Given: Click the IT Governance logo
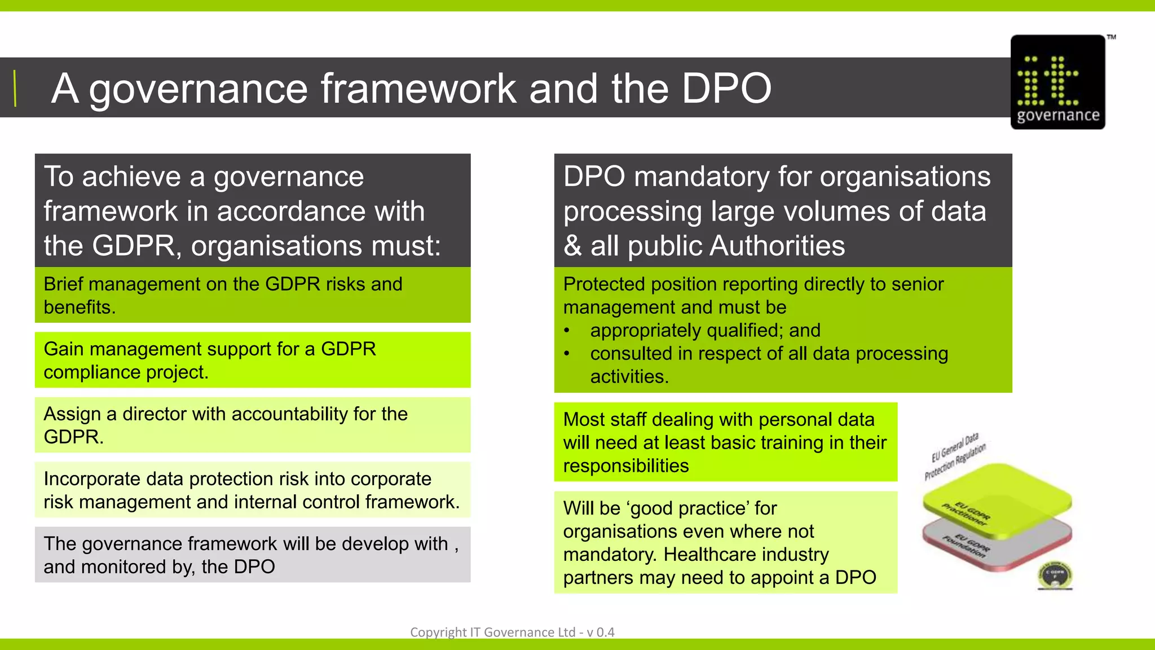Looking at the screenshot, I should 1057,82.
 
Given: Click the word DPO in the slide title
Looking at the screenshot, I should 726,89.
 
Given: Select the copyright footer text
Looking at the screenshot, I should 512,632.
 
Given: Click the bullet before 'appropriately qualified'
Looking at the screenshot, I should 567,331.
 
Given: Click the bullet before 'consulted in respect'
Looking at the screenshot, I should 567,354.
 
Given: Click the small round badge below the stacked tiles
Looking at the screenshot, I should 1055,576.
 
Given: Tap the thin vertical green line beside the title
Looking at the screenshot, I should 15,89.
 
